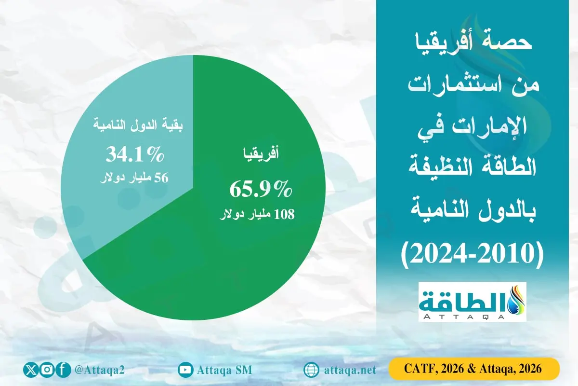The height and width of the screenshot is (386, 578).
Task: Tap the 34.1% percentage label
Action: click(135, 156)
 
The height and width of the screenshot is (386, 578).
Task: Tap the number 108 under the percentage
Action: click(284, 214)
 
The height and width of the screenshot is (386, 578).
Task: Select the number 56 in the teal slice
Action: click(161, 178)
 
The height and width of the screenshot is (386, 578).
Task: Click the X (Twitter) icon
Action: click(30, 370)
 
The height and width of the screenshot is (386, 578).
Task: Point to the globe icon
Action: click(311, 370)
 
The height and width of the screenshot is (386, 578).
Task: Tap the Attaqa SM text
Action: click(224, 370)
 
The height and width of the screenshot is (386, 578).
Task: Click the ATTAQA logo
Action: click(473, 302)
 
